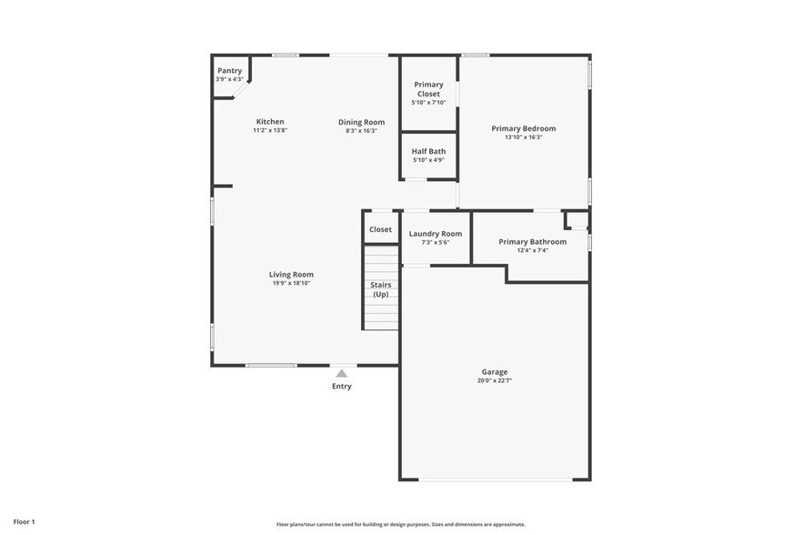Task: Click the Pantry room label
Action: [x=229, y=70]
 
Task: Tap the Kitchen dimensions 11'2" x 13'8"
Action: [x=270, y=131]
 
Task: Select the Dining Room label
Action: [x=361, y=122]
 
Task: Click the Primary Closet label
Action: [x=428, y=89]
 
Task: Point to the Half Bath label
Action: [x=428, y=151]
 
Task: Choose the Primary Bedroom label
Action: [x=523, y=128]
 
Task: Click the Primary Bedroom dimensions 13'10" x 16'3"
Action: [x=523, y=137]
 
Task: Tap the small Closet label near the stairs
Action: [x=380, y=229]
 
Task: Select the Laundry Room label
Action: [x=435, y=234]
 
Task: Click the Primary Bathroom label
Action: [x=532, y=241]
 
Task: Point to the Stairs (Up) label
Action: [x=380, y=289]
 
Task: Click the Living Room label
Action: [x=291, y=274]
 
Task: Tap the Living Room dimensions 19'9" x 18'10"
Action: [x=291, y=283]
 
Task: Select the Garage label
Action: [x=495, y=371]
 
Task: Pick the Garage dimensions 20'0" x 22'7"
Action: [x=495, y=380]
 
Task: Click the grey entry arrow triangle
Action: [x=341, y=373]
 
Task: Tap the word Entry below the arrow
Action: [x=341, y=387]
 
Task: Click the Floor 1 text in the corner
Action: [x=24, y=521]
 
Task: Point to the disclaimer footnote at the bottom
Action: [x=400, y=524]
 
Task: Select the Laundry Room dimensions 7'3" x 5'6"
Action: [x=435, y=243]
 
